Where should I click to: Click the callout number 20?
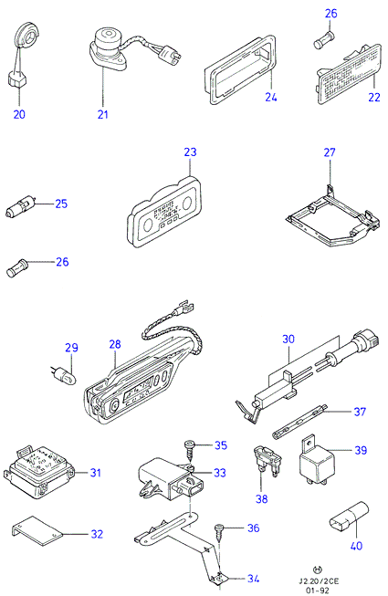pos(19,114)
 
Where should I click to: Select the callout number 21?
pos(103,114)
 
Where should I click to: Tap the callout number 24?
pos(271,98)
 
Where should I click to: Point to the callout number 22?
pos(374,98)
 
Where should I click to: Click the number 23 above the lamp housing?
pos(191,152)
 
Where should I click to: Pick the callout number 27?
pos(330,152)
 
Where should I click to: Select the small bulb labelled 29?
pos(64,374)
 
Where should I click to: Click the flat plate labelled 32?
pos(37,531)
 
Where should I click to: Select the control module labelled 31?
pos(38,472)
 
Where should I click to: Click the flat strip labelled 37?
pos(299,422)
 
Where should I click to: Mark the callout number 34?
pos(254,579)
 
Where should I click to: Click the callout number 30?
pos(288,339)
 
